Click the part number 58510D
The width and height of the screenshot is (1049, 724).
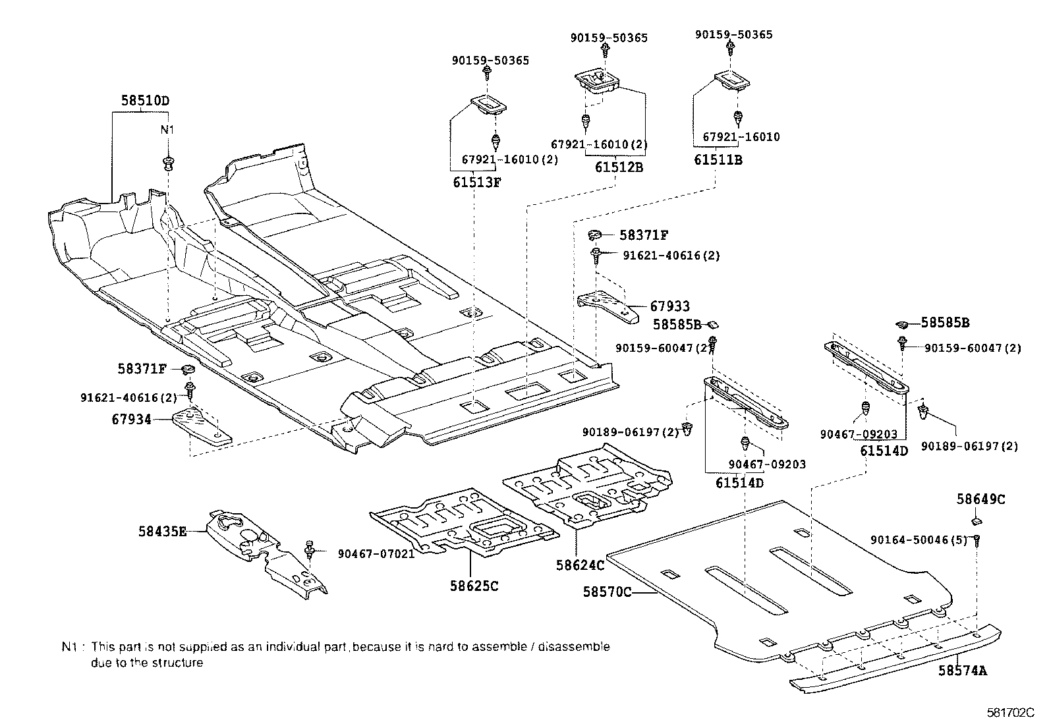coord(144,101)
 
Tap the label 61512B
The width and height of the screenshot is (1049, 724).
coord(619,167)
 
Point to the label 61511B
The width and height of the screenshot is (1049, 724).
coord(718,159)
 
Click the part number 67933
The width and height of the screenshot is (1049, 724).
coord(670,306)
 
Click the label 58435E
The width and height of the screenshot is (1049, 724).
coord(163,530)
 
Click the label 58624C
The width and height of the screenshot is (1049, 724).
coord(580,565)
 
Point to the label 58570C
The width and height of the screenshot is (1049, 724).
coord(607,592)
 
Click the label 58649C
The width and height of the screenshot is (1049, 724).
coord(980,499)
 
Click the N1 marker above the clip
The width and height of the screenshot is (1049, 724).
coord(167,130)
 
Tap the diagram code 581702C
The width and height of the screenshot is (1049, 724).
coord(1010,713)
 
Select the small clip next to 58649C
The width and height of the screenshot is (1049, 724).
coord(978,521)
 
